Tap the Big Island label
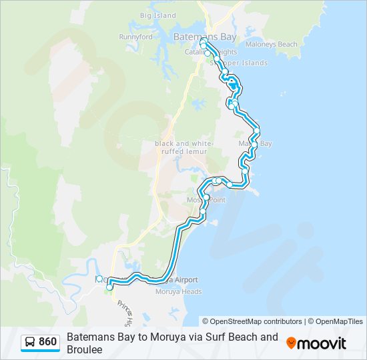158,15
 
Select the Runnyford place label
135,37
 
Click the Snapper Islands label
240,63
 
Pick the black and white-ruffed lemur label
183,147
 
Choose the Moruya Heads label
178,291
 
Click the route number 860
48,342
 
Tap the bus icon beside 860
30,342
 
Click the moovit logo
316,343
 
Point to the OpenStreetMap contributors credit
252,321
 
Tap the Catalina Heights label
214,52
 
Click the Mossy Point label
206,200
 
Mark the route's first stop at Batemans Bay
203,41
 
